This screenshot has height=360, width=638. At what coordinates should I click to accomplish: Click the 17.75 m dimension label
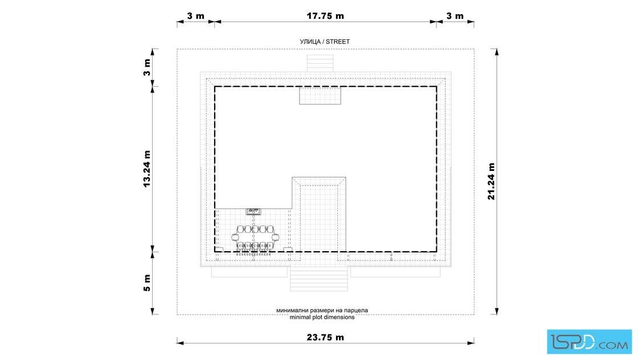click(325, 16)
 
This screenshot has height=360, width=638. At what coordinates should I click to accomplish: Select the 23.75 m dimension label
click(325, 337)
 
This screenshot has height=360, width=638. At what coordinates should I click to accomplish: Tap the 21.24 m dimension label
click(491, 181)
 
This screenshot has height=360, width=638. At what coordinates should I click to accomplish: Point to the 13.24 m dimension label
click(146, 169)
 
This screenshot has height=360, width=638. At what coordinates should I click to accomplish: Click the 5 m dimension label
click(146, 283)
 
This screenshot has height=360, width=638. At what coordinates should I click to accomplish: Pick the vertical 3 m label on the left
click(146, 68)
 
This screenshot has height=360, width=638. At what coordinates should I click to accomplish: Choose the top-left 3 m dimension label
click(196, 16)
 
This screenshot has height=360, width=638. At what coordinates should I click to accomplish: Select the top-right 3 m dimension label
click(455, 16)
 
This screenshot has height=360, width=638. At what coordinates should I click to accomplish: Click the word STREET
click(338, 42)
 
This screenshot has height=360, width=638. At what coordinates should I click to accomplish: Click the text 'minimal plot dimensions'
click(322, 317)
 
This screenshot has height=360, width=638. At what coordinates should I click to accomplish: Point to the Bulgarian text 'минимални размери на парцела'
click(322, 310)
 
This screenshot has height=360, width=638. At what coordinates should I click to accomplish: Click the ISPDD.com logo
click(589, 342)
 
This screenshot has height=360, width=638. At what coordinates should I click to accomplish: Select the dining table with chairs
click(255, 237)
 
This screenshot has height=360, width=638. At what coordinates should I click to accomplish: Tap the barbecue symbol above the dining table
click(253, 211)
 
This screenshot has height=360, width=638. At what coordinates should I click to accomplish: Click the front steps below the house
click(319, 279)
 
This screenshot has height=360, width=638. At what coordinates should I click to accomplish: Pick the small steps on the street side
click(320, 63)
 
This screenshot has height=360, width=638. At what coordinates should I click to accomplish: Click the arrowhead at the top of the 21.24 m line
click(497, 52)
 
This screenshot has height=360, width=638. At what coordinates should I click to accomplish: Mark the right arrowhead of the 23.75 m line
click(471, 343)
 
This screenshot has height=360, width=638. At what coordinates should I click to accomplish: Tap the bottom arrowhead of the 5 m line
click(153, 311)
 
